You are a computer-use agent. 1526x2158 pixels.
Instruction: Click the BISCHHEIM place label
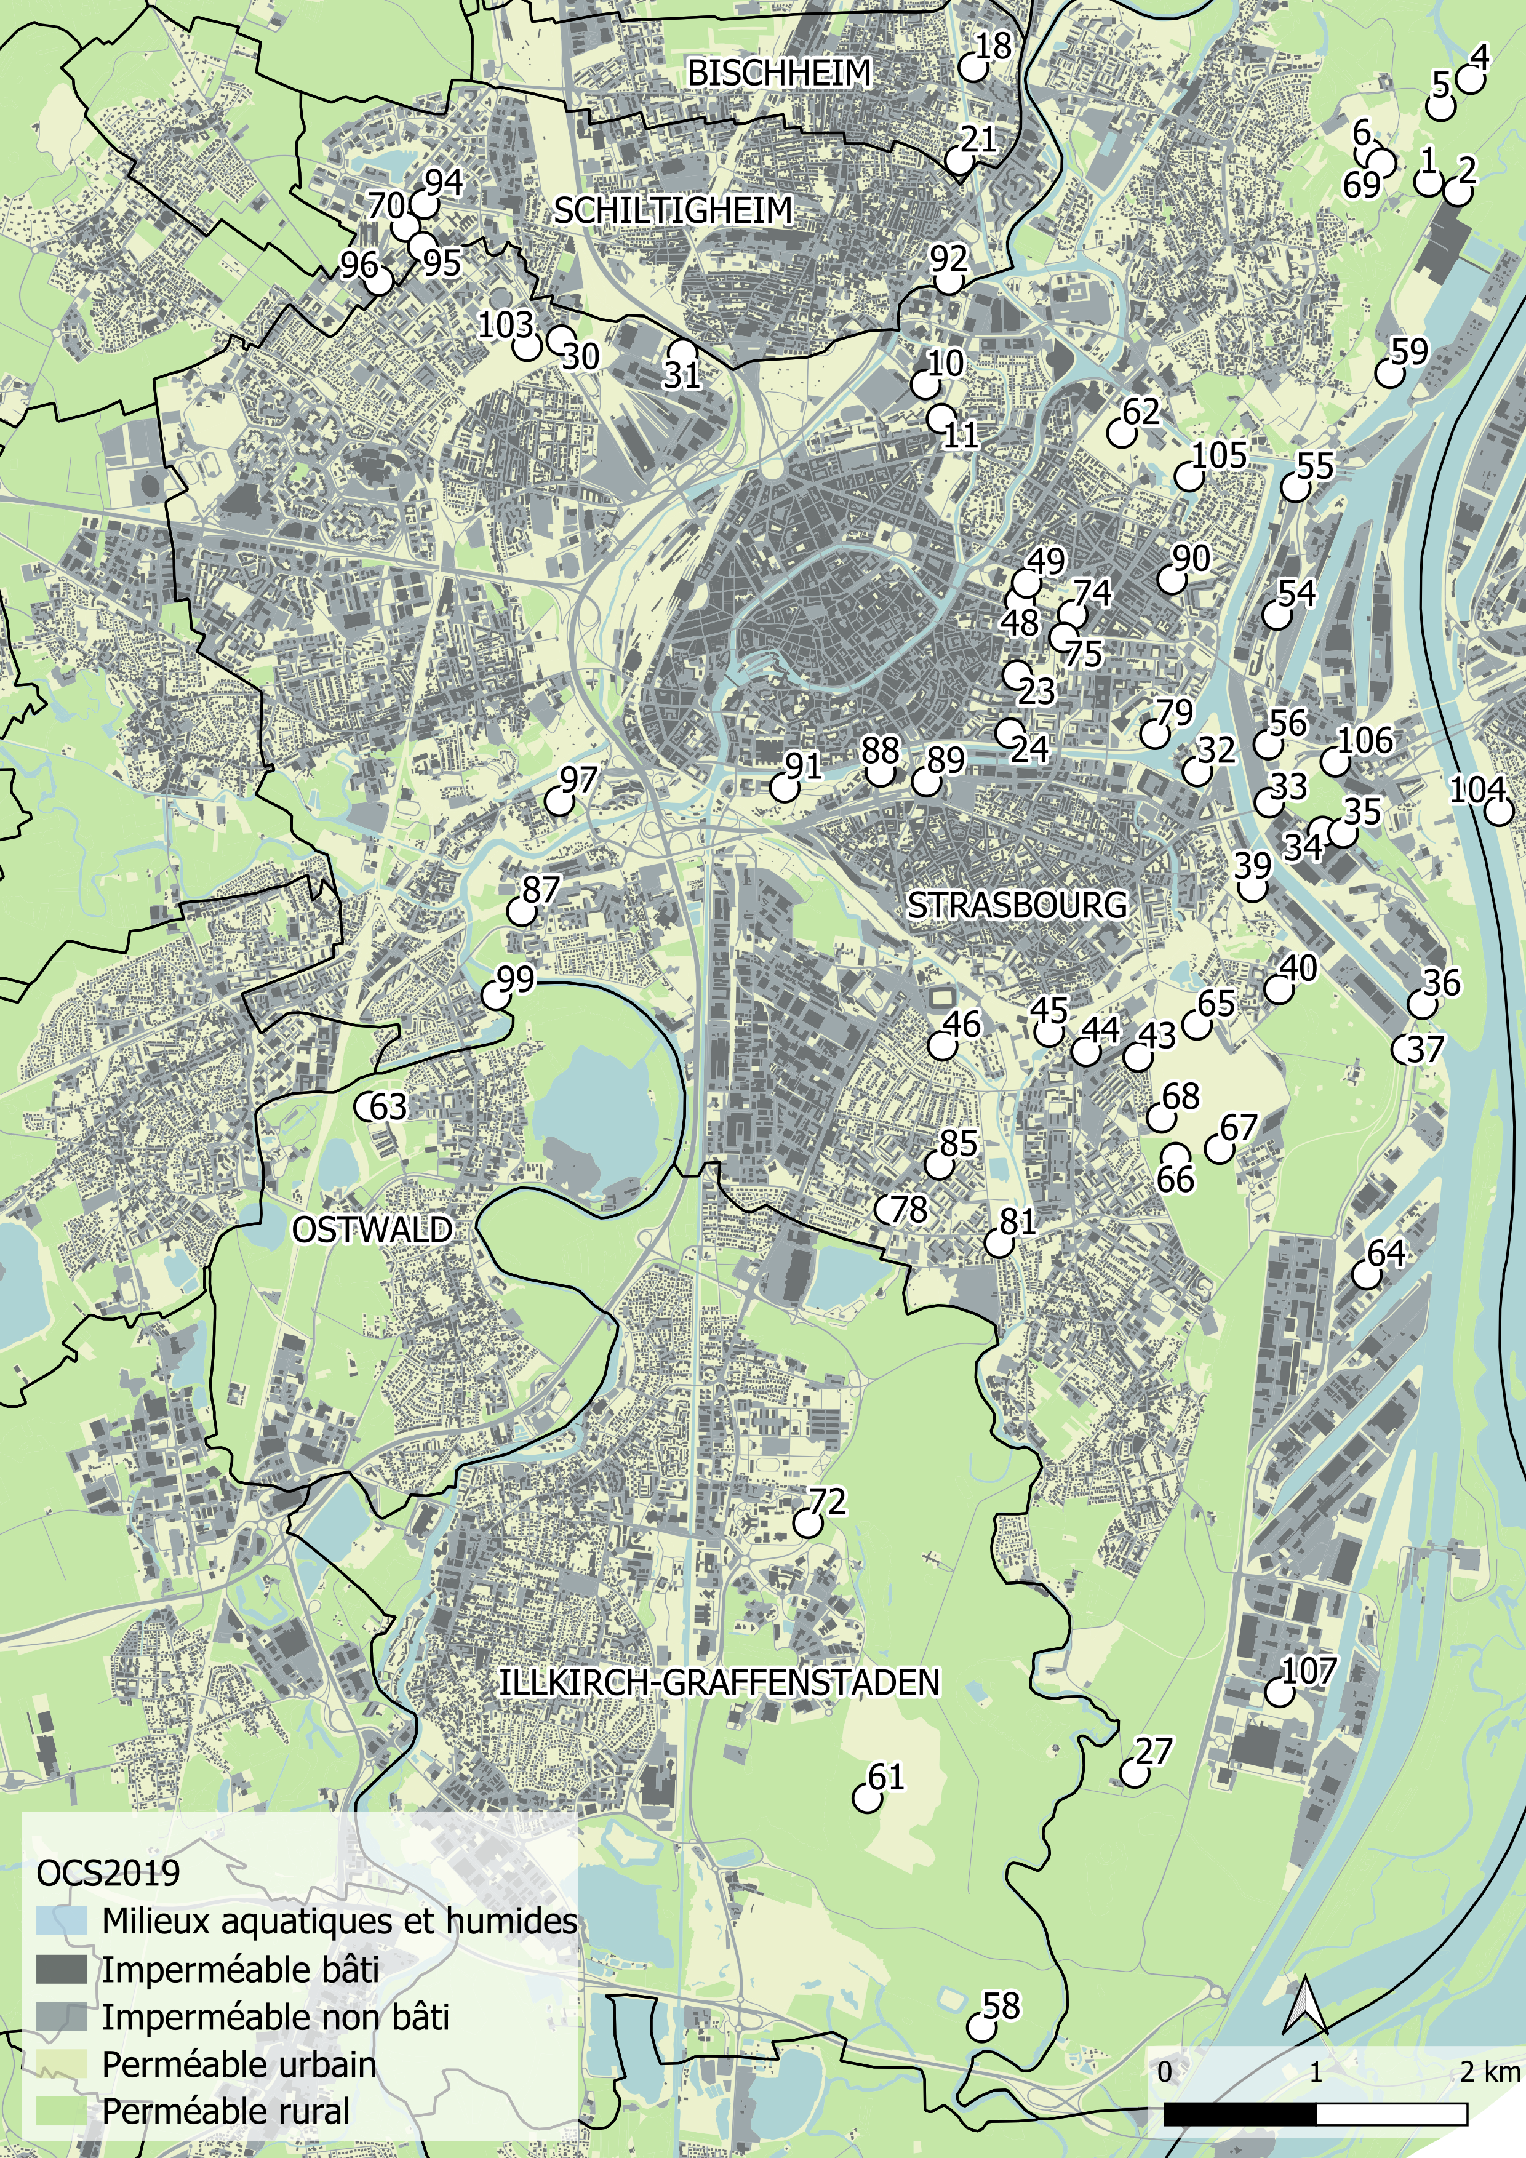click(x=779, y=73)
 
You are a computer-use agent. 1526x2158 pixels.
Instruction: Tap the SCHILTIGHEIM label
click(x=673, y=210)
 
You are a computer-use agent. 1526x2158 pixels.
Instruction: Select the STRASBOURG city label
click(x=1017, y=904)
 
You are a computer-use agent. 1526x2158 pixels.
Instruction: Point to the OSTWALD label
click(x=372, y=1228)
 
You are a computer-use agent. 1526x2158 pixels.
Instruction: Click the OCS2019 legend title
click(x=108, y=1872)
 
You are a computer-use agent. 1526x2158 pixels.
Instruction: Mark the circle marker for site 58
click(x=981, y=2028)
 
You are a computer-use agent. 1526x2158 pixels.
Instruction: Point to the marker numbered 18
click(x=973, y=68)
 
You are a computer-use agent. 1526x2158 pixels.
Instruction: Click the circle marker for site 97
click(x=559, y=802)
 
